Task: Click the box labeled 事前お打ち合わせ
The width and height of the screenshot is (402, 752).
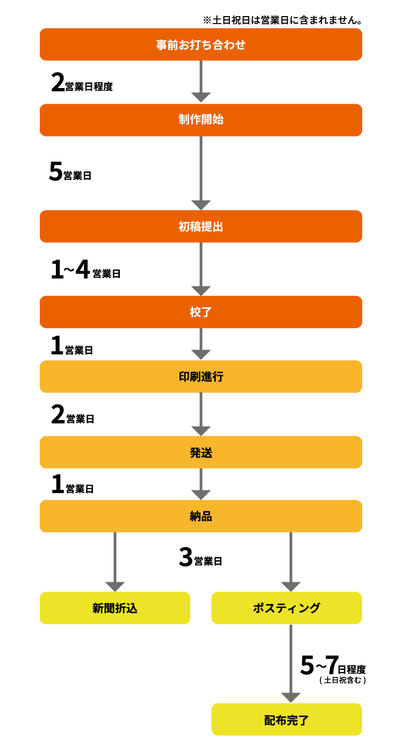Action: [x=201, y=45]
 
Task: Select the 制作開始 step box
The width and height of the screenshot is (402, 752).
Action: [x=201, y=120]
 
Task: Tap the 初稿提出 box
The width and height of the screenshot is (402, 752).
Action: [x=201, y=227]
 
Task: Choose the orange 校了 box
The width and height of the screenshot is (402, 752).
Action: [x=201, y=312]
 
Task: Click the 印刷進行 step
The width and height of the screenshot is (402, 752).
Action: [x=201, y=377]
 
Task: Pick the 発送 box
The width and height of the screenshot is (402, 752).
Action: [x=201, y=452]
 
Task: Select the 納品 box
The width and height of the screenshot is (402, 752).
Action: [x=201, y=516]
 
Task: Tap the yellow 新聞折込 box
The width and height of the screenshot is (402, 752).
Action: [x=115, y=608]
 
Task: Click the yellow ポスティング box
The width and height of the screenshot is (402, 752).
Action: [x=286, y=608]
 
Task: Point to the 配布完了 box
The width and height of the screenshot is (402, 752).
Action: [x=286, y=720]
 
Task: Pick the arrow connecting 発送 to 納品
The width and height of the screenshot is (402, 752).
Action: [x=201, y=483]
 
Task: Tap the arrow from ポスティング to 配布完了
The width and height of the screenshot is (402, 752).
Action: [x=291, y=661]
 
